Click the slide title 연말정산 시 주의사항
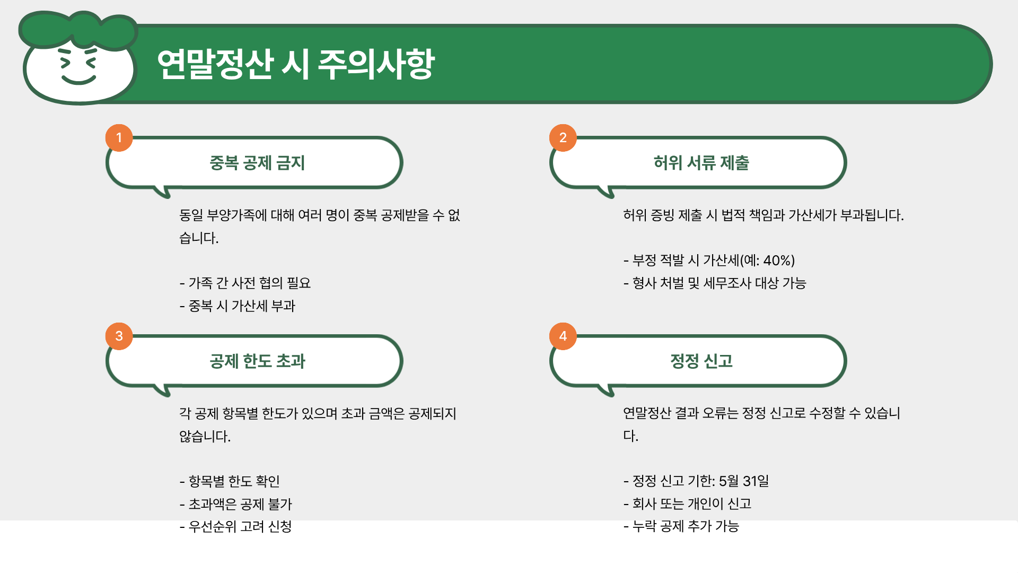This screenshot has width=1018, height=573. (x=296, y=65)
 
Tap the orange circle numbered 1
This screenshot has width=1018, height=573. (x=119, y=138)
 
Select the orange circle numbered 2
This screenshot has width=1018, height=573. (x=563, y=138)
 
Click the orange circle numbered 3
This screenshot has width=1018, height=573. (x=119, y=336)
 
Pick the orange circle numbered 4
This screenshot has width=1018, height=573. (x=563, y=336)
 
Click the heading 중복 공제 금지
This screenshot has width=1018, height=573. (x=257, y=163)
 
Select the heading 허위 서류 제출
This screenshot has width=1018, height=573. (x=701, y=163)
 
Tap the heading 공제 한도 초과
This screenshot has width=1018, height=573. (x=257, y=361)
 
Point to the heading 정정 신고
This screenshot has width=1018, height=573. (x=701, y=361)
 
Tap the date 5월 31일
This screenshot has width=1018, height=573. (x=743, y=481)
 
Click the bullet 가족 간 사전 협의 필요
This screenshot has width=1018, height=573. (x=249, y=283)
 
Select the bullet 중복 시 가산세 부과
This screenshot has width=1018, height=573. (x=242, y=306)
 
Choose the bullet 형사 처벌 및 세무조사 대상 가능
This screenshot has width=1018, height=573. (x=719, y=283)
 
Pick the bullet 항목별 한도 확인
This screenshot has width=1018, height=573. (x=234, y=482)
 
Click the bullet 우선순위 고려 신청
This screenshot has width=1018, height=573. (x=240, y=527)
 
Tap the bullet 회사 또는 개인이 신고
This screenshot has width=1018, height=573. (x=691, y=504)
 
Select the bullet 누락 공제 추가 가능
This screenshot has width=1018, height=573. (x=685, y=526)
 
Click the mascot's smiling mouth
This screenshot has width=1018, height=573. (x=78, y=80)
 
